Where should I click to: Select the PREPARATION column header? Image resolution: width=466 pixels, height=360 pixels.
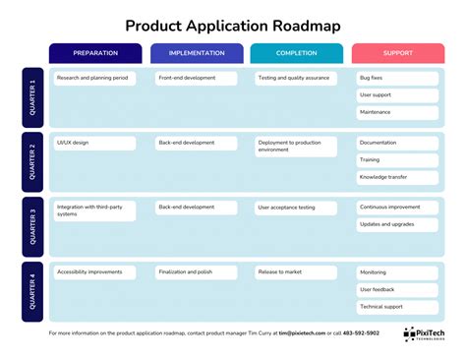[x=95, y=53]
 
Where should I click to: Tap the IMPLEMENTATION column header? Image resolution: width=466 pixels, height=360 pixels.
[x=197, y=53]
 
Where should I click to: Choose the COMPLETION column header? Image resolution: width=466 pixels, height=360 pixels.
[x=297, y=53]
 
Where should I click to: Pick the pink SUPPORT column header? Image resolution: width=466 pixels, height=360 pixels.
[x=397, y=53]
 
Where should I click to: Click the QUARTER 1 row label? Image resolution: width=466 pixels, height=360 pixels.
[x=33, y=98]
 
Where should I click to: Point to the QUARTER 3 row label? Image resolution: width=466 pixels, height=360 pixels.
[x=33, y=226]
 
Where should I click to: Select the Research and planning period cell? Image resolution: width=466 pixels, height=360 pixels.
[x=95, y=78]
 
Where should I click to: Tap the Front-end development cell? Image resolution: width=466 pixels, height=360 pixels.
[x=197, y=78]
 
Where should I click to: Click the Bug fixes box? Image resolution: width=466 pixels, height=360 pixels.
[x=397, y=78]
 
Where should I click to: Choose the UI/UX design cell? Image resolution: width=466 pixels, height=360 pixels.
[x=95, y=143]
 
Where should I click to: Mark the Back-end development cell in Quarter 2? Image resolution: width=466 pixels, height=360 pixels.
[x=197, y=143]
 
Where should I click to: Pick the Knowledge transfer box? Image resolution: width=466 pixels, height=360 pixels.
[x=397, y=177]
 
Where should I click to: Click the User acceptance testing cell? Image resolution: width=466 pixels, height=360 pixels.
[x=297, y=208]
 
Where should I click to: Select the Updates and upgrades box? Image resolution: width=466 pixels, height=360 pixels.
[x=397, y=225]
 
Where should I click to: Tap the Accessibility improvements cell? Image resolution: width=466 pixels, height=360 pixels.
[x=95, y=272]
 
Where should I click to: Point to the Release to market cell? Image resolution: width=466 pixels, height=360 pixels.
[x=297, y=272]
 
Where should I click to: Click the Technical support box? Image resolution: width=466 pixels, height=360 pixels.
[x=397, y=307]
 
